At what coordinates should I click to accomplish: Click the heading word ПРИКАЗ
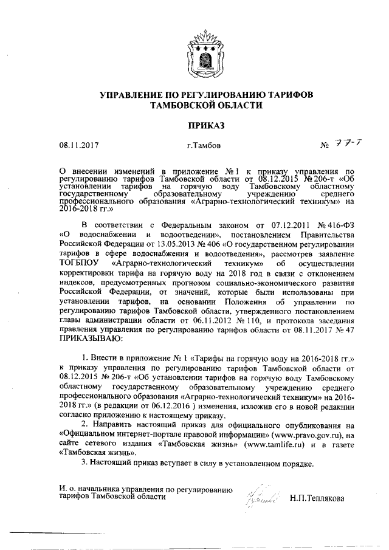(x=194, y=125)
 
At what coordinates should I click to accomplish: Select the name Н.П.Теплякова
(x=317, y=498)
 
